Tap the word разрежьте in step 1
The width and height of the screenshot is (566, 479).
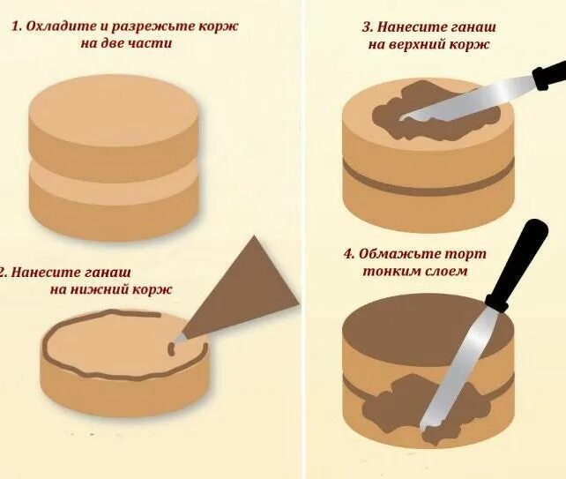coord(152,26)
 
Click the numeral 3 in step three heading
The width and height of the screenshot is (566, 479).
coord(367,26)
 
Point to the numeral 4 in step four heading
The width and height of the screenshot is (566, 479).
coord(348,255)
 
